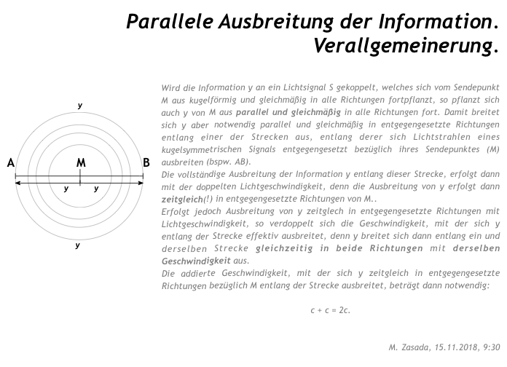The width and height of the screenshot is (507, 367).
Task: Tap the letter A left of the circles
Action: (11, 163)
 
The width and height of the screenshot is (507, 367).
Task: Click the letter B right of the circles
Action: (146, 163)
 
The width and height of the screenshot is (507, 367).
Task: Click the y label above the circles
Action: (79, 106)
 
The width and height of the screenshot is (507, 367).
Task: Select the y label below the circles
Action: (78, 245)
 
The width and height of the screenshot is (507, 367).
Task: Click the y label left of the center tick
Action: (66, 189)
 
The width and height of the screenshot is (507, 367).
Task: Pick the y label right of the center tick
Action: (96, 189)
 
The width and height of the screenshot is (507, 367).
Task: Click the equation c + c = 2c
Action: (329, 309)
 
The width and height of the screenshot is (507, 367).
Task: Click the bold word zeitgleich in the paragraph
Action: (182, 199)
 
